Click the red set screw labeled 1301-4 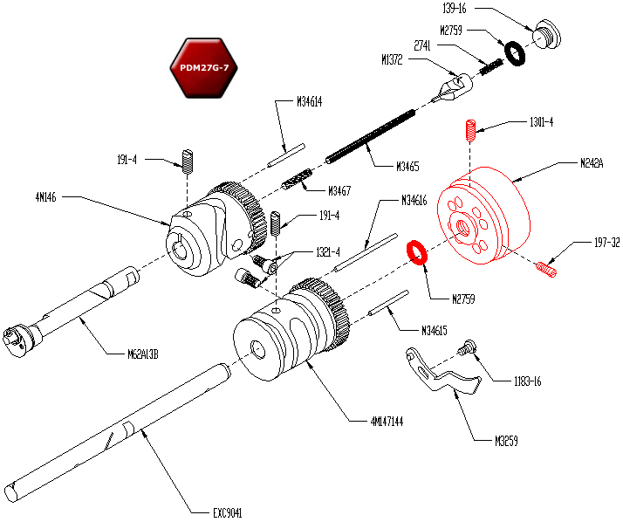pyautogui.click(x=470, y=131)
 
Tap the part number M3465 pyautogui.click(x=407, y=165)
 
